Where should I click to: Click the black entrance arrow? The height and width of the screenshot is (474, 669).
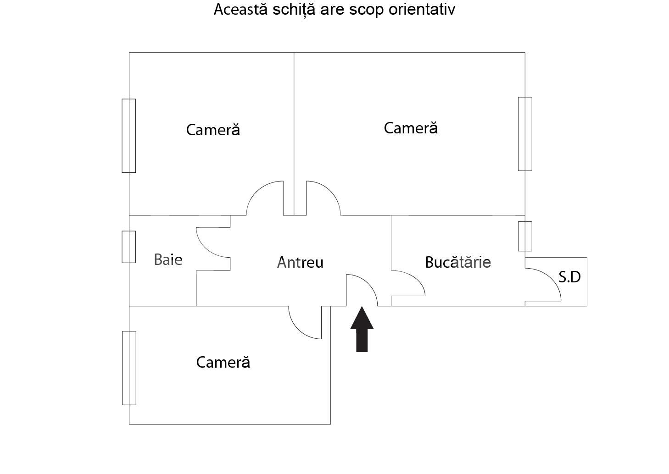(x=362, y=330)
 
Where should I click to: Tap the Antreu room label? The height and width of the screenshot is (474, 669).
(x=300, y=263)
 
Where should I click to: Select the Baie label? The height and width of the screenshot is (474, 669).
(x=168, y=260)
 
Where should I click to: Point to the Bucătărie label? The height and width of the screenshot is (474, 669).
(x=457, y=263)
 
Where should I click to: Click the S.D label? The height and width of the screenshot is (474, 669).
(x=569, y=277)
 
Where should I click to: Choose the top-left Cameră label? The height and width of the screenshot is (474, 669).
(x=213, y=130)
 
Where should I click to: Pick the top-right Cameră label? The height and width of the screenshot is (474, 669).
(x=411, y=128)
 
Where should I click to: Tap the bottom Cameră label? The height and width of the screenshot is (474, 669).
(x=223, y=362)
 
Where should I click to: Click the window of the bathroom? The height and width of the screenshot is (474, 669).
(x=128, y=247)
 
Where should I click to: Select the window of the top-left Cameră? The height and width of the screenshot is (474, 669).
(x=128, y=136)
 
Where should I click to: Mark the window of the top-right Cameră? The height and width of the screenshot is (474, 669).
(x=525, y=134)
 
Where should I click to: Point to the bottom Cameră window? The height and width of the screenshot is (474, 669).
(x=129, y=368)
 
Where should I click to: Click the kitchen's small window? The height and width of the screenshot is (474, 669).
(x=525, y=237)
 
